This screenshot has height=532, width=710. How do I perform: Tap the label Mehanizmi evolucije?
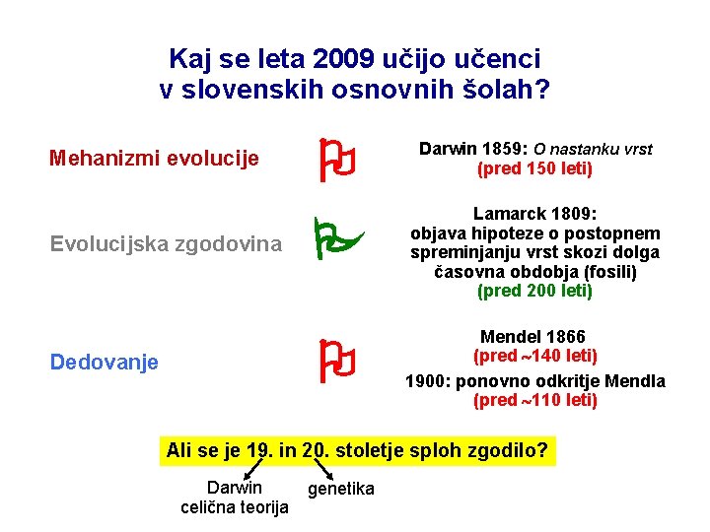coord(154,158)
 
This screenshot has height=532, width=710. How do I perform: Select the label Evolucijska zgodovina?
coord(166,243)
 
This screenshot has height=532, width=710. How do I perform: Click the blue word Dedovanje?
coord(104,363)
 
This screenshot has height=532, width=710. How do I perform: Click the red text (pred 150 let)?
coord(534,168)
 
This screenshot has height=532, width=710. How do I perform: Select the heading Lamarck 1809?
coord(534,214)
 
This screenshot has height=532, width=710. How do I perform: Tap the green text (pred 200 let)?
coord(534,291)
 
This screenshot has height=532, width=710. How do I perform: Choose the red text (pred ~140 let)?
coord(534,356)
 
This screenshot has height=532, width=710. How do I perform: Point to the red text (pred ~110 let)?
coord(534,400)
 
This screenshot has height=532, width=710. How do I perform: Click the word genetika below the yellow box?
coord(341,489)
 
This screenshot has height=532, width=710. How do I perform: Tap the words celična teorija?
coord(235,506)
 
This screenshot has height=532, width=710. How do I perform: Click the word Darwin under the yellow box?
coord(235,487)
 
